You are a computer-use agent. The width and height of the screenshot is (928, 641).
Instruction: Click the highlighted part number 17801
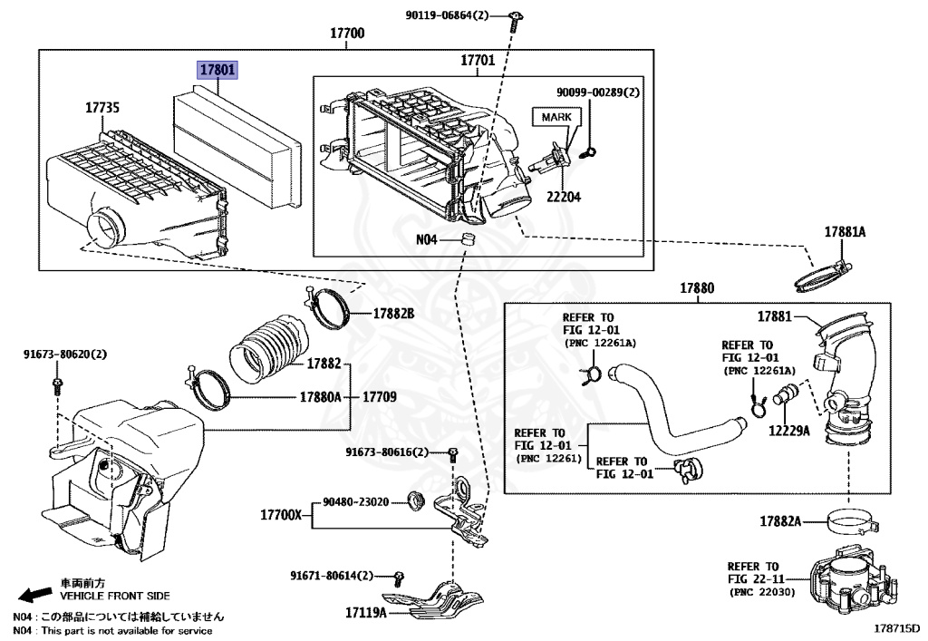click(x=217, y=69)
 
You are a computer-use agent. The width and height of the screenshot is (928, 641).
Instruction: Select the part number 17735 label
click(x=102, y=107)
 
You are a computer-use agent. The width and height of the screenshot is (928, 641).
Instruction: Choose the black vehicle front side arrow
click(x=34, y=594)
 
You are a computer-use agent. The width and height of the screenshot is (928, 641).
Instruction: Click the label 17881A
click(x=845, y=232)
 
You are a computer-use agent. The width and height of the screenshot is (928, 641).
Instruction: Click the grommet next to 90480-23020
click(x=417, y=499)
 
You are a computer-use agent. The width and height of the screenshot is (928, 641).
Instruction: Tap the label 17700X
click(x=280, y=515)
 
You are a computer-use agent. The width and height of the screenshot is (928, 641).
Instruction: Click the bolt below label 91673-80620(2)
click(x=58, y=387)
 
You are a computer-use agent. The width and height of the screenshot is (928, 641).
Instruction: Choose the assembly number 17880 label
click(x=698, y=288)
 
